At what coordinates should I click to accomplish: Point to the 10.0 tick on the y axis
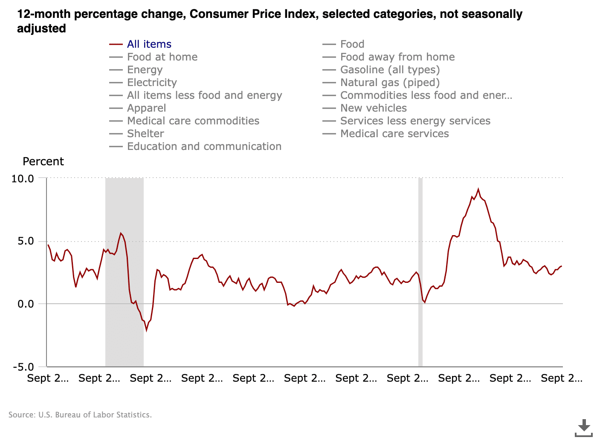point(23,178)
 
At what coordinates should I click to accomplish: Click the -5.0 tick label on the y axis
point(23,367)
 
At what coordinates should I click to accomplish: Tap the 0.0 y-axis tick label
point(26,304)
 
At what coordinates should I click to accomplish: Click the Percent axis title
point(43,162)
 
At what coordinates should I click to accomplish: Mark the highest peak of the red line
point(478,189)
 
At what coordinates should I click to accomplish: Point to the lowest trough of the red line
point(146,330)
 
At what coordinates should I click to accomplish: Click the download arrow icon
point(584,427)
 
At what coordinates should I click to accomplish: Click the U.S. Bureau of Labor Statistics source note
point(80,415)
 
